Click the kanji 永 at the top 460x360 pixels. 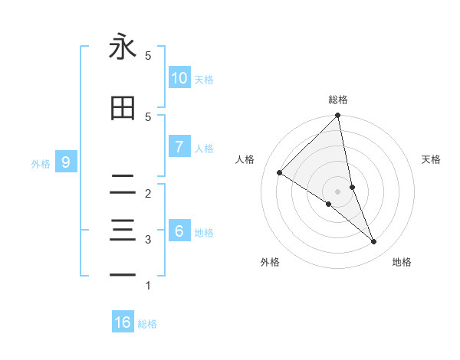pyautogui.click(x=123, y=47)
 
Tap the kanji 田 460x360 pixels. pyautogui.click(x=123, y=109)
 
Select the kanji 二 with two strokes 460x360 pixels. pyautogui.click(x=123, y=184)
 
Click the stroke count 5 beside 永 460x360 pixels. pyautogui.click(x=148, y=56)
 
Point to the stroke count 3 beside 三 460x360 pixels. pyautogui.click(x=148, y=240)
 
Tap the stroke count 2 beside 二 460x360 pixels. pyautogui.click(x=148, y=194)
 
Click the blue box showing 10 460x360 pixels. pyautogui.click(x=179, y=78)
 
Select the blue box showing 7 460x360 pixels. pyautogui.click(x=179, y=147)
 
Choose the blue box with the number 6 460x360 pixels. pyautogui.click(x=179, y=231)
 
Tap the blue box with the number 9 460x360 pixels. pyautogui.click(x=66, y=162)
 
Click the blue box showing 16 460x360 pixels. pyautogui.click(x=123, y=322)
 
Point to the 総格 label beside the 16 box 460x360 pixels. pyautogui.click(x=147, y=324)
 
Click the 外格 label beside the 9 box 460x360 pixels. pyautogui.click(x=41, y=163)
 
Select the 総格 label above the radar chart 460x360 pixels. pyautogui.click(x=338, y=100)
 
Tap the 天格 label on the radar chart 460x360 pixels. pyautogui.click(x=432, y=159)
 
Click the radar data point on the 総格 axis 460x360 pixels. pyautogui.click(x=338, y=116)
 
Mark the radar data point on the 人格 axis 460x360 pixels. pyautogui.click(x=280, y=173)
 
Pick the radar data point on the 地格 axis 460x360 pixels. pyautogui.click(x=374, y=241)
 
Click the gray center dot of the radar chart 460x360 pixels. pyautogui.click(x=338, y=191)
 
